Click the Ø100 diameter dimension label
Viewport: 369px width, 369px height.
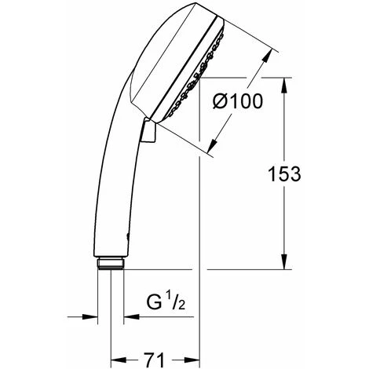[237, 101]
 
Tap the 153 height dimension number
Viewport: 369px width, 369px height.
[284, 174]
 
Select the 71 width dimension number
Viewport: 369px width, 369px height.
[154, 360]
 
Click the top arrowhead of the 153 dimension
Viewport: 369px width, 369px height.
[284, 86]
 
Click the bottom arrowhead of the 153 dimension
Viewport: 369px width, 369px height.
[284, 261]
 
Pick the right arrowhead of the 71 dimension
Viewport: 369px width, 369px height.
[192, 360]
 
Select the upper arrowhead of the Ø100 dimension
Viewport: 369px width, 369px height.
[267, 57]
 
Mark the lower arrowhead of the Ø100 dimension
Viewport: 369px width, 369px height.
[213, 146]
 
